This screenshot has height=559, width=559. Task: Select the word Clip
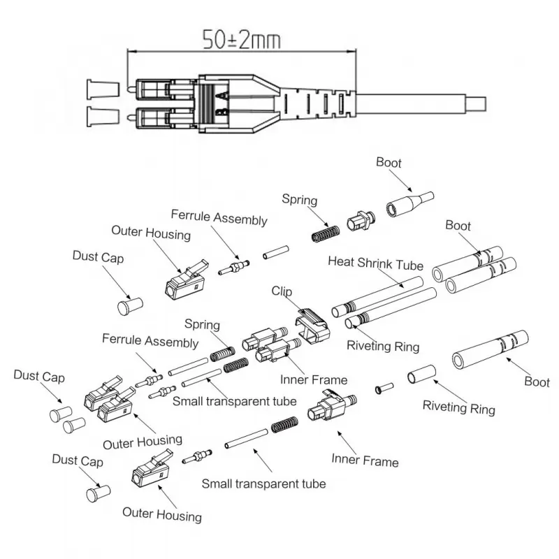pyautogui.click(x=283, y=291)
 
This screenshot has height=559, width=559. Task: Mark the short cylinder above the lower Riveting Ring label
pyautogui.click(x=422, y=375)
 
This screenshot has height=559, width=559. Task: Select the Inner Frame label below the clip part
pyautogui.click(x=313, y=380)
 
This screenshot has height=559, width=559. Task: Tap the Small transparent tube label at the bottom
pyautogui.click(x=263, y=483)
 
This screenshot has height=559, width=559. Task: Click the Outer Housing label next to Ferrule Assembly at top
pyautogui.click(x=151, y=233)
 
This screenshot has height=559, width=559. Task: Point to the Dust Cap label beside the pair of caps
pyautogui.click(x=39, y=377)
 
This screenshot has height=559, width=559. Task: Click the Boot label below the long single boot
pyautogui.click(x=537, y=382)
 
